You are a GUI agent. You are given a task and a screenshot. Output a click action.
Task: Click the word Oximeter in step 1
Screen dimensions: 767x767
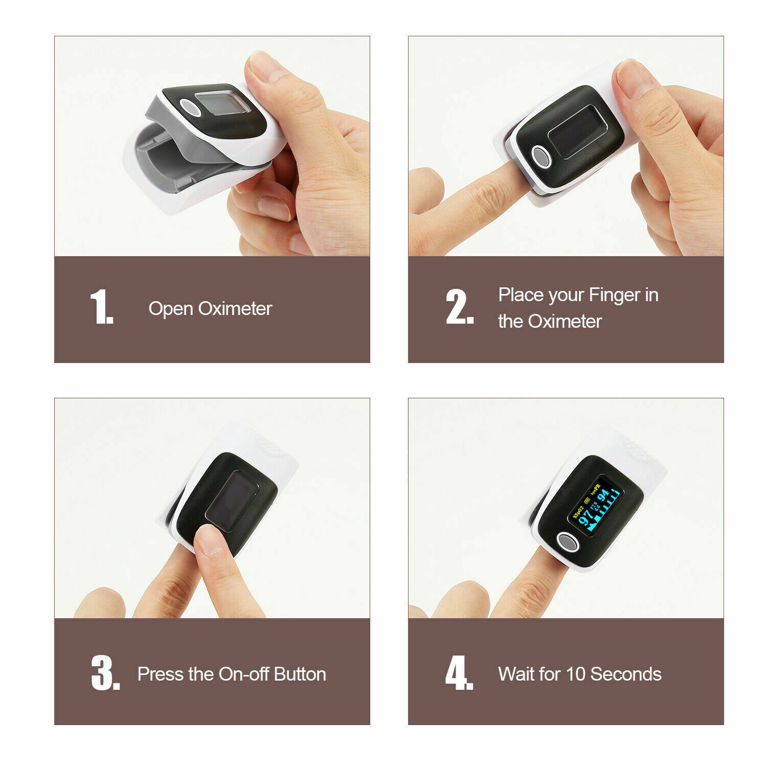click(x=235, y=308)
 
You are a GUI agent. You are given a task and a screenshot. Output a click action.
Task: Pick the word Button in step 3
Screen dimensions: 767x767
click(x=300, y=674)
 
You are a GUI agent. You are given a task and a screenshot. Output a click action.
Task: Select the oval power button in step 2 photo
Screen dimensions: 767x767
click(x=542, y=156)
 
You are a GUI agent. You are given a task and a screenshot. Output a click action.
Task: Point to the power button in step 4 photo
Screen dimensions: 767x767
click(x=567, y=542)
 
